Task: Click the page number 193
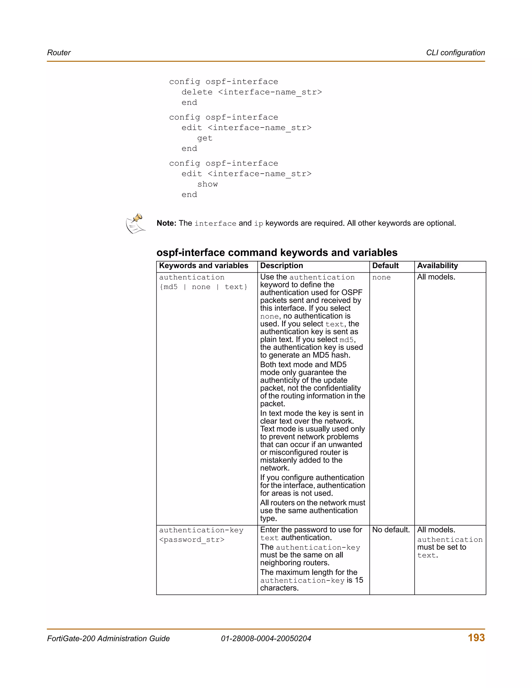(x=476, y=638)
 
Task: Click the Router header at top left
(x=59, y=53)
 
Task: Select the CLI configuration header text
(x=455, y=53)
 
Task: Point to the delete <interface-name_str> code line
(x=251, y=92)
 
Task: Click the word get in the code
(x=205, y=138)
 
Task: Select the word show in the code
(x=207, y=184)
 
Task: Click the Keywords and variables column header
(x=204, y=266)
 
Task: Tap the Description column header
(x=281, y=266)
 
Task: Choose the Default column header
(x=385, y=266)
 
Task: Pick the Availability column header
(x=437, y=266)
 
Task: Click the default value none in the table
(x=381, y=278)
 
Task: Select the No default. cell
(x=391, y=530)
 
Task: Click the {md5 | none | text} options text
(x=203, y=287)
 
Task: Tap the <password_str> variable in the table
(x=192, y=540)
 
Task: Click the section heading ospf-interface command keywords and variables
(x=277, y=252)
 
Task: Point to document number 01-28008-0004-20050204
(x=266, y=639)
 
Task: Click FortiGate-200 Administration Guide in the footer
(x=108, y=639)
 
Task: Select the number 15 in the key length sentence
(x=359, y=580)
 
